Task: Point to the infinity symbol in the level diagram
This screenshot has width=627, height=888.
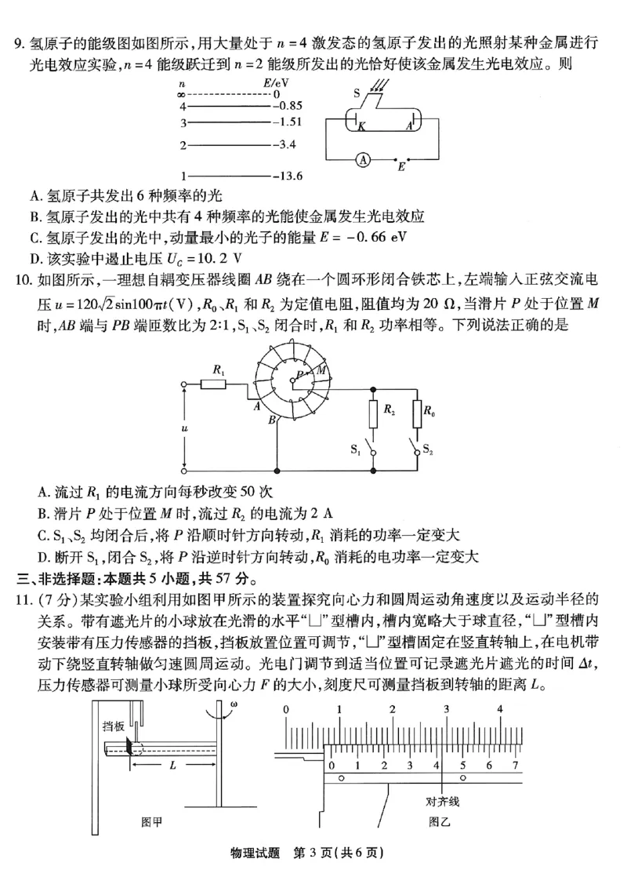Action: [182, 93]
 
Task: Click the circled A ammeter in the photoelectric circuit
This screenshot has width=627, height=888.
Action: [363, 158]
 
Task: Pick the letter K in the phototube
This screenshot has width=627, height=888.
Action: [361, 126]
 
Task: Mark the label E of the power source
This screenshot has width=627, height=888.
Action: [401, 167]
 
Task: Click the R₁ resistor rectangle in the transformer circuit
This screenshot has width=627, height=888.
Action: [213, 384]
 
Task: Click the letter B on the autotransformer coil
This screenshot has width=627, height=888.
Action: [270, 422]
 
